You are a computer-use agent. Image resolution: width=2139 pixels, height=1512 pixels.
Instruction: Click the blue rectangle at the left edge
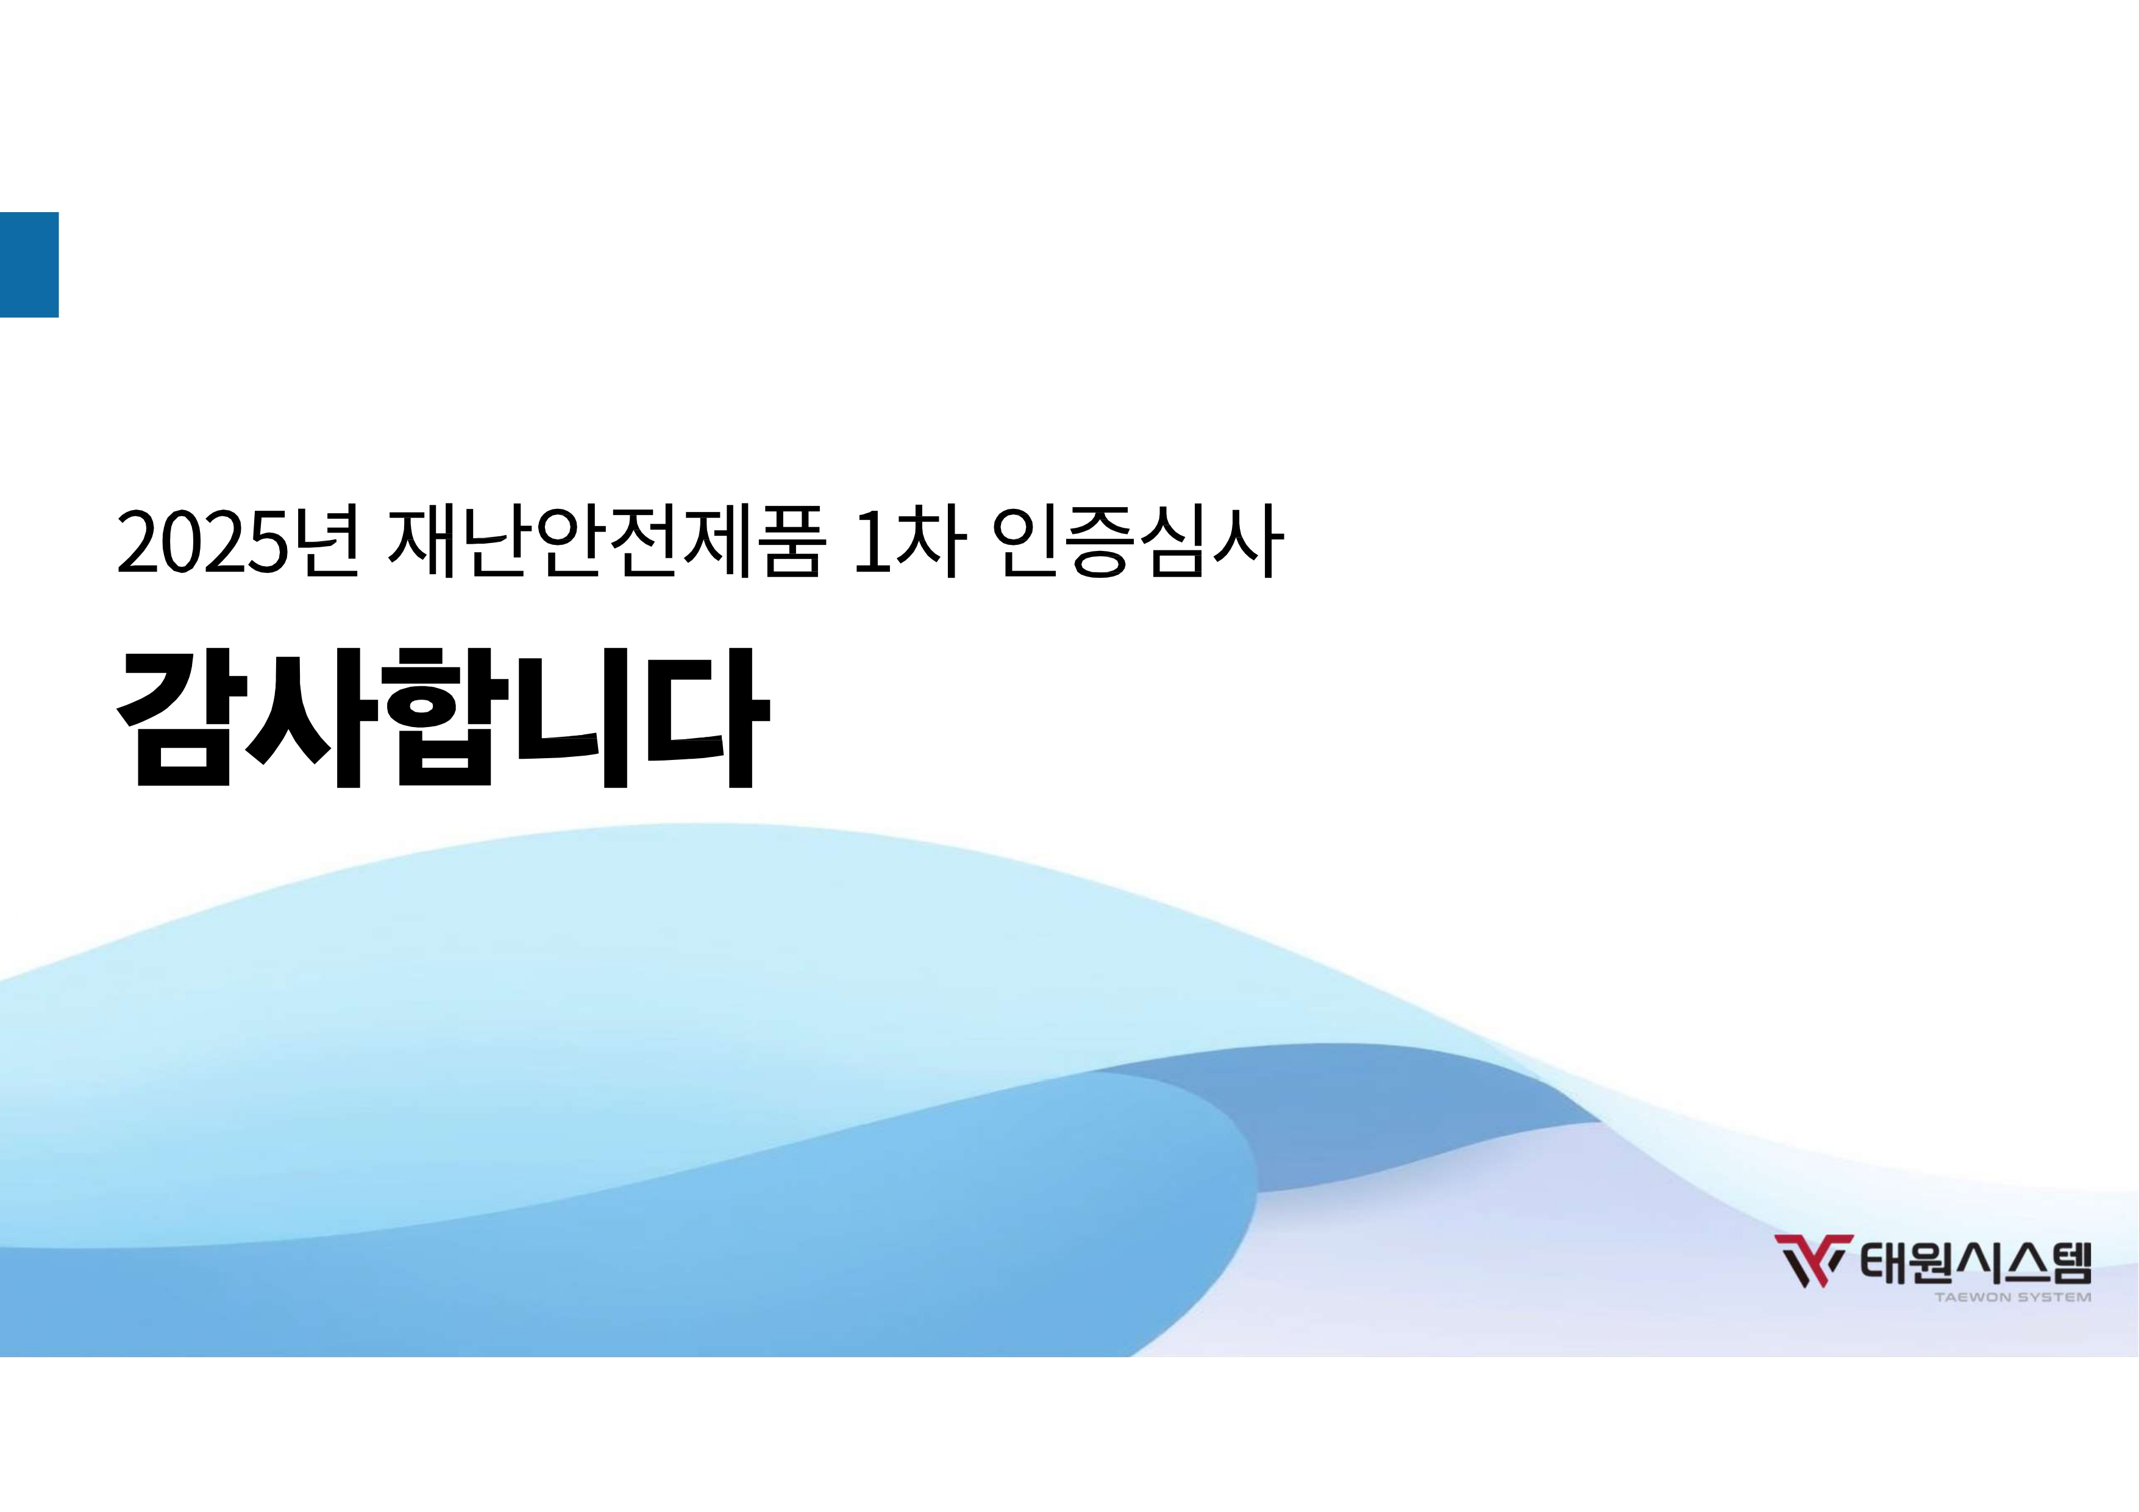coord(29,264)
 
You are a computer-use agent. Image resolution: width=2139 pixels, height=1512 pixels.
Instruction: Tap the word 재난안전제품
coord(605,541)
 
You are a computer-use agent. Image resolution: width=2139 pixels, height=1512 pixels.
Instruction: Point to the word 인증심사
coord(1139,541)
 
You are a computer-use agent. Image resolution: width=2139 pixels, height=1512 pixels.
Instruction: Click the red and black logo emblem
coord(1813,1260)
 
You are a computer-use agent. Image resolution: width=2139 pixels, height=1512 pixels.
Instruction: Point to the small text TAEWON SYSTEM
coord(2012,1297)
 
